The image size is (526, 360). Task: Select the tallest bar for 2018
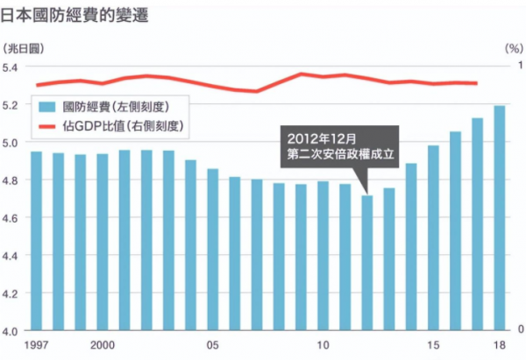pyautogui.click(x=499, y=219)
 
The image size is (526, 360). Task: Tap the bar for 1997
pyautogui.click(x=37, y=242)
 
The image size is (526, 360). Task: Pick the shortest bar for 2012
pyautogui.click(x=367, y=263)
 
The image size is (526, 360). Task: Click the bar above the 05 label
pyautogui.click(x=213, y=250)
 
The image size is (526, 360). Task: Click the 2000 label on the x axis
pyautogui.click(x=103, y=345)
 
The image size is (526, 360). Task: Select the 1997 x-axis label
pyautogui.click(x=37, y=345)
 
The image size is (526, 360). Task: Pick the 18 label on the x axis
pyautogui.click(x=499, y=345)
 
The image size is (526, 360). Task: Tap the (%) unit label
pyautogui.click(x=512, y=46)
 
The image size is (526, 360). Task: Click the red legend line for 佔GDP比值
pyautogui.click(x=48, y=126)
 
